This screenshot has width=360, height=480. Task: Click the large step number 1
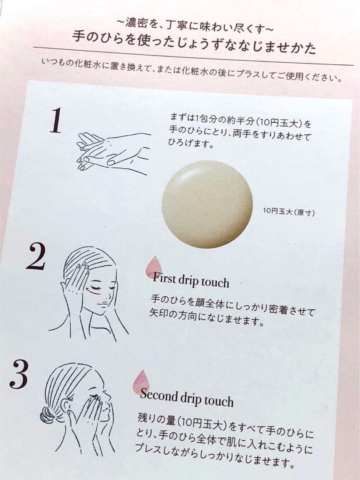[x=56, y=120]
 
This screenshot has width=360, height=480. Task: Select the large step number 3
[x=19, y=374]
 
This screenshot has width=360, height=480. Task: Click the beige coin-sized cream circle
[x=207, y=204]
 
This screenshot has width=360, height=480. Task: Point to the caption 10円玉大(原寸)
[x=289, y=211]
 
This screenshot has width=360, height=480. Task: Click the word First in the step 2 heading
[x=165, y=278]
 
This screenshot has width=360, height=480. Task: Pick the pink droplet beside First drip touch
[x=153, y=267]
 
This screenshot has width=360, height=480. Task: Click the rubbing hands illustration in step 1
[x=112, y=153]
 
